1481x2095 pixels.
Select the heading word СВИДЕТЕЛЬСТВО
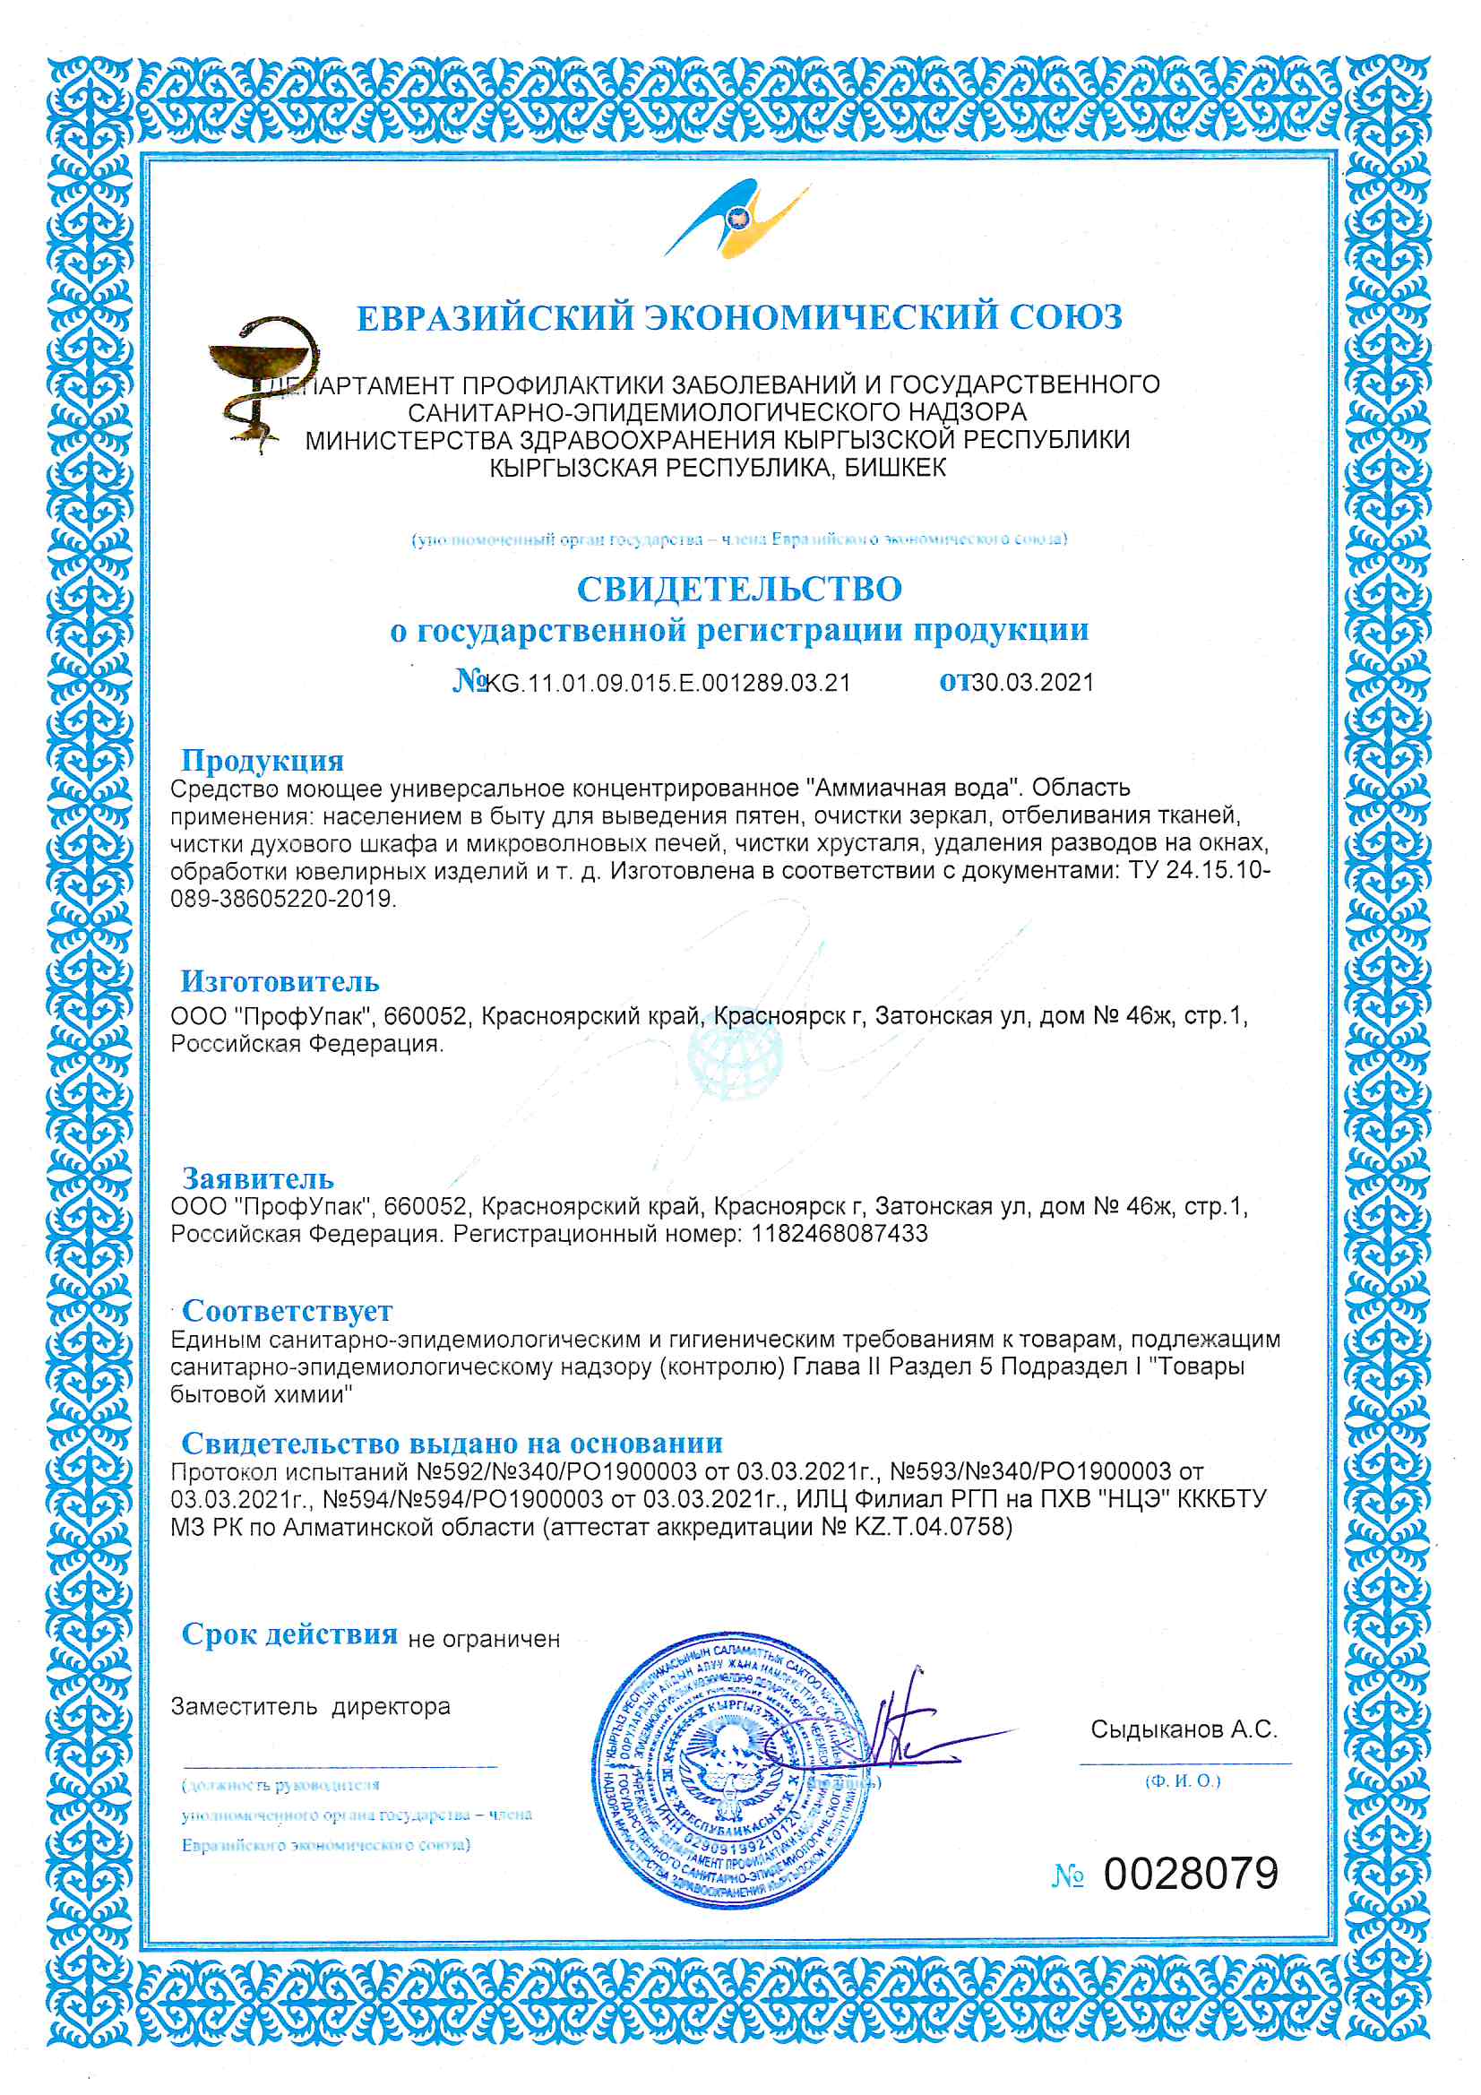click(x=739, y=589)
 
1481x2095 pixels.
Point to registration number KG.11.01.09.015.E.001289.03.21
click(x=668, y=683)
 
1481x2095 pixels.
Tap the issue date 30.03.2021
click(x=1033, y=683)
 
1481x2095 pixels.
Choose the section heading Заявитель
click(x=257, y=1177)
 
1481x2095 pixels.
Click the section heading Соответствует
click(x=287, y=1310)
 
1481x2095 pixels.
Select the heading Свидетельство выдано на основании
click(x=452, y=1443)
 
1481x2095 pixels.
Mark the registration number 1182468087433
click(x=839, y=1234)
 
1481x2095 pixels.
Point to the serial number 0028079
click(x=1191, y=1875)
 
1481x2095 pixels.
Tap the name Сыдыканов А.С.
click(x=1184, y=1729)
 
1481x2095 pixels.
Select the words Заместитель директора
click(x=310, y=1706)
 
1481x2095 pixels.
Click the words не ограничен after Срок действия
click(x=484, y=1640)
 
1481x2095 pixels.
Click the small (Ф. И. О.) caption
click(x=1183, y=1781)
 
